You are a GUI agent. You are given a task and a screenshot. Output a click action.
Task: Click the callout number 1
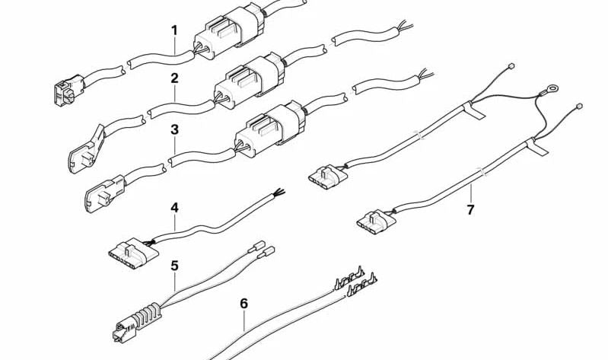(x=174, y=30)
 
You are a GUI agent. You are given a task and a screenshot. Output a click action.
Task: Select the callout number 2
(x=174, y=78)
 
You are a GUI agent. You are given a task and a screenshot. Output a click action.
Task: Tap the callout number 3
(x=174, y=129)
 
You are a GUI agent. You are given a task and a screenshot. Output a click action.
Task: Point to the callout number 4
(x=174, y=208)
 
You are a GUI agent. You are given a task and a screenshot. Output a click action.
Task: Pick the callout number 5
(x=174, y=266)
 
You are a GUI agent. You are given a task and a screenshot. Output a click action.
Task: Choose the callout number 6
(x=244, y=304)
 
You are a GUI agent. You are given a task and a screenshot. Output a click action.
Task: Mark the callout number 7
(x=470, y=210)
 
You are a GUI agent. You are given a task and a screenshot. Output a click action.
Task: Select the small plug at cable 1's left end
(x=69, y=90)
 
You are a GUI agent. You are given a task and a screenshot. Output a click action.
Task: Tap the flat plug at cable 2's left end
(x=87, y=149)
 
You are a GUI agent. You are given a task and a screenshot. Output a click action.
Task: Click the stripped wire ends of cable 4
(x=279, y=193)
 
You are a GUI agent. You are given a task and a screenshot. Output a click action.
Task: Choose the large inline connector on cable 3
(x=270, y=129)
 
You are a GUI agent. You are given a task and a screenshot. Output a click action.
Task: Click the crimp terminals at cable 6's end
(x=355, y=282)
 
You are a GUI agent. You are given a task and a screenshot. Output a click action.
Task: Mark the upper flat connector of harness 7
(x=328, y=176)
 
